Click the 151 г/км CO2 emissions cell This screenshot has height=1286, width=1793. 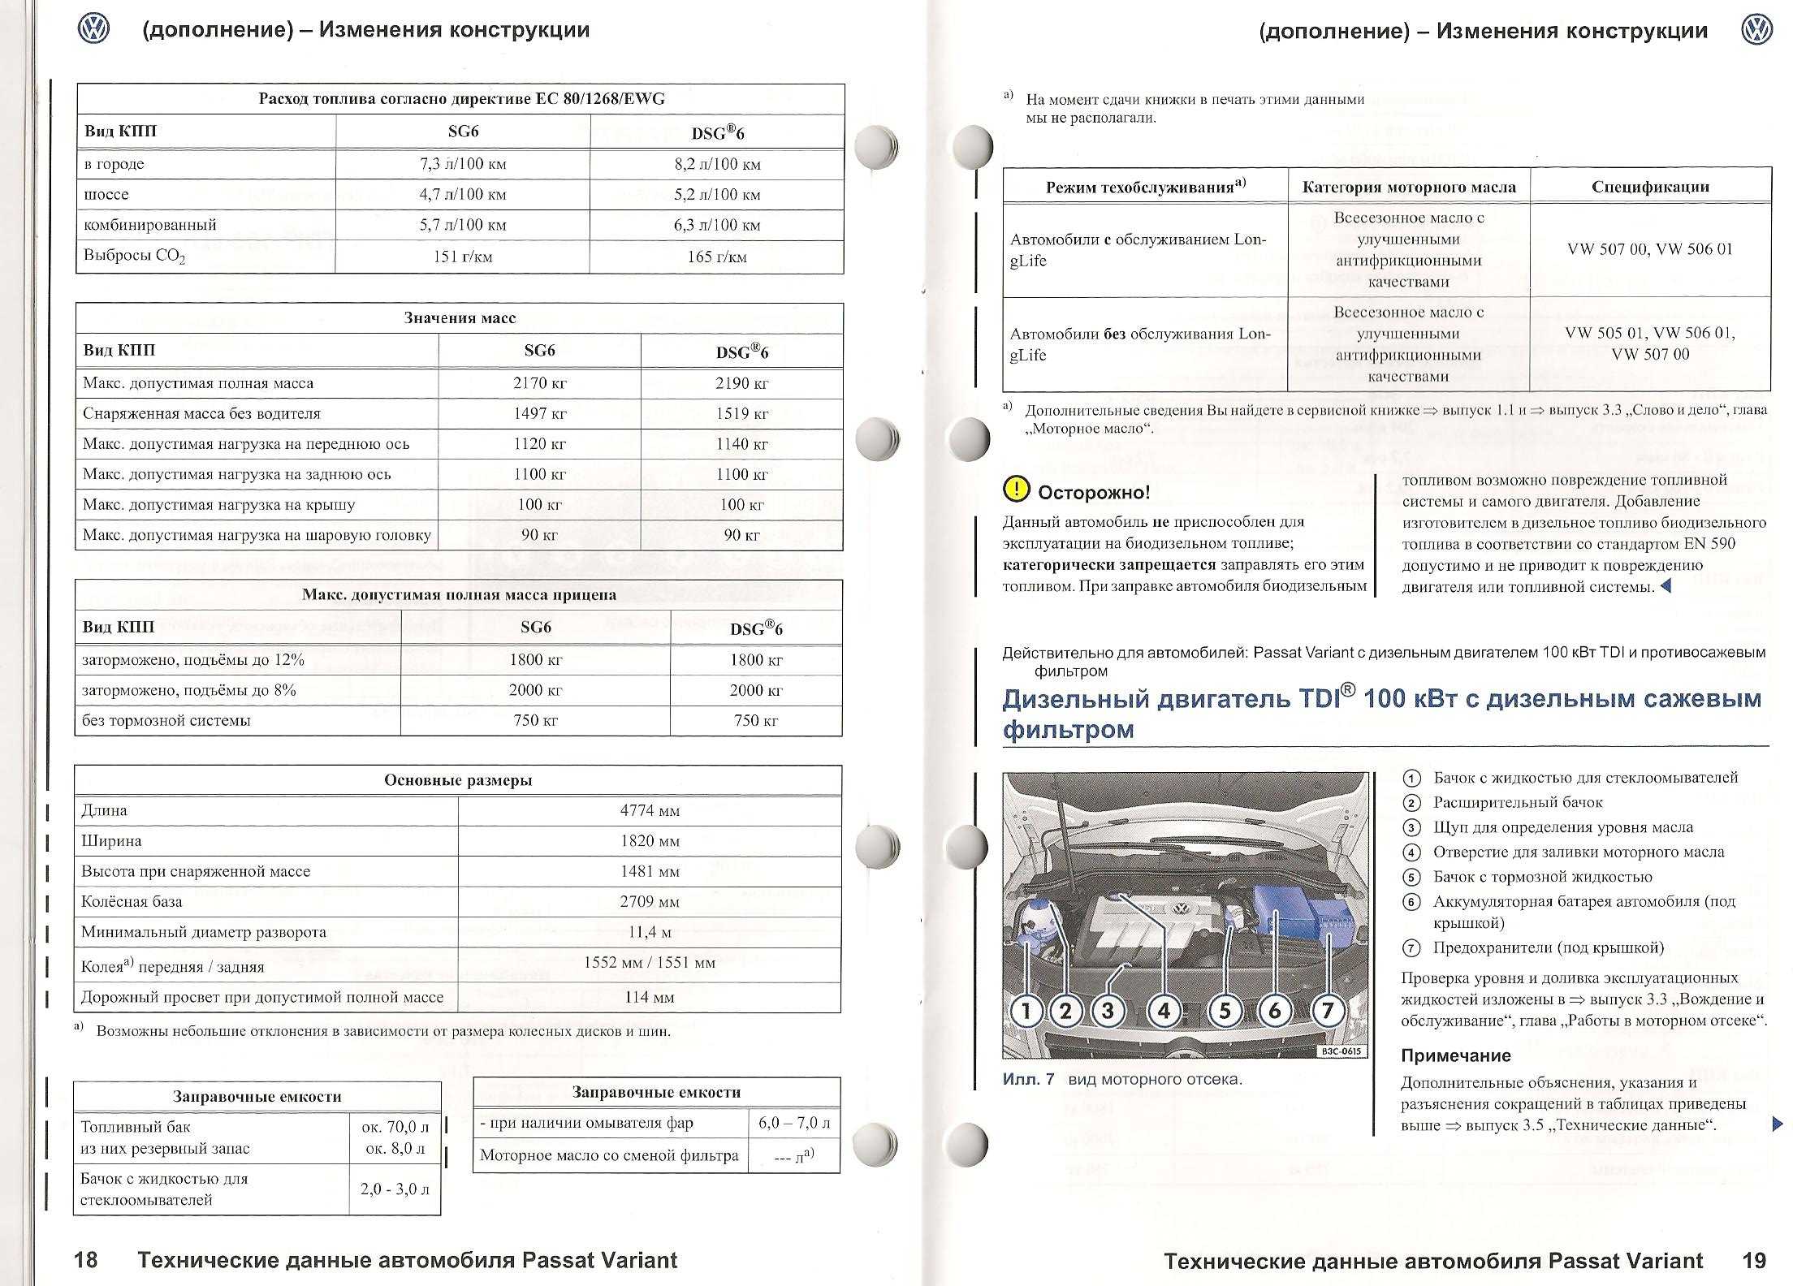462,257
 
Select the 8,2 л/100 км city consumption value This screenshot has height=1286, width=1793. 717,164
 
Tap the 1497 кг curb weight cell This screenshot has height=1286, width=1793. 539,414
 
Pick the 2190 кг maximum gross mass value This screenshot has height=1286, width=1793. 741,383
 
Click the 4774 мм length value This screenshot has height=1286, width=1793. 650,810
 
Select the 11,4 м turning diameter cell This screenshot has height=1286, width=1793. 650,933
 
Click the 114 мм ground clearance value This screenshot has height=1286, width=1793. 650,998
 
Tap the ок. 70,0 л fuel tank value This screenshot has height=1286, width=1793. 396,1127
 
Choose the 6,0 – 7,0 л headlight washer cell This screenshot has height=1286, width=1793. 794,1124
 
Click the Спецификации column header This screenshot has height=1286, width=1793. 1650,187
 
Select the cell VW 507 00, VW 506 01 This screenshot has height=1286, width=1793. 1650,249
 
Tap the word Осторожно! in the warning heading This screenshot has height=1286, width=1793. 1094,492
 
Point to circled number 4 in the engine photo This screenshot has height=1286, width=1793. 1164,1011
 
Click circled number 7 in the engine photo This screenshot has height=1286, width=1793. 1328,1011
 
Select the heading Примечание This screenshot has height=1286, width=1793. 1455,1055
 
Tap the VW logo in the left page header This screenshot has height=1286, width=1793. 93,31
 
